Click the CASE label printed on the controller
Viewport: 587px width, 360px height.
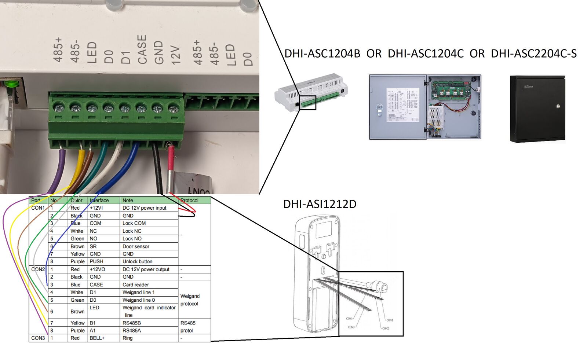(x=142, y=49)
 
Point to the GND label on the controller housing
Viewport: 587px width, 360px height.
(x=158, y=52)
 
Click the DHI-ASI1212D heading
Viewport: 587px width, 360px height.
(x=320, y=204)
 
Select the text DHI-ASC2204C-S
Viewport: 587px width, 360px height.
(x=533, y=54)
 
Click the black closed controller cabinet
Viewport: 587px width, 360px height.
(x=537, y=109)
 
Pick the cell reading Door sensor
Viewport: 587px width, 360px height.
(x=136, y=246)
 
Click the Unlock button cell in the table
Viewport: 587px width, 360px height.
(x=137, y=261)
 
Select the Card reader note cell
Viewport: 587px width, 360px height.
(x=135, y=284)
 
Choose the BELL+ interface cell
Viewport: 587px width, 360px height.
(x=97, y=338)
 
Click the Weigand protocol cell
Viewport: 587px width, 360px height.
(x=190, y=300)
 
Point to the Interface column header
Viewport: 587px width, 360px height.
(x=99, y=201)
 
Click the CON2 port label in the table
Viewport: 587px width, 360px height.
(x=38, y=269)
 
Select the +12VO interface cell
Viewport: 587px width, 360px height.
(x=98, y=269)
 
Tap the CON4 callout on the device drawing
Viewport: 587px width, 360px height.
(x=389, y=320)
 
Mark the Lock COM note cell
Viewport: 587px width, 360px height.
(x=134, y=223)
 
